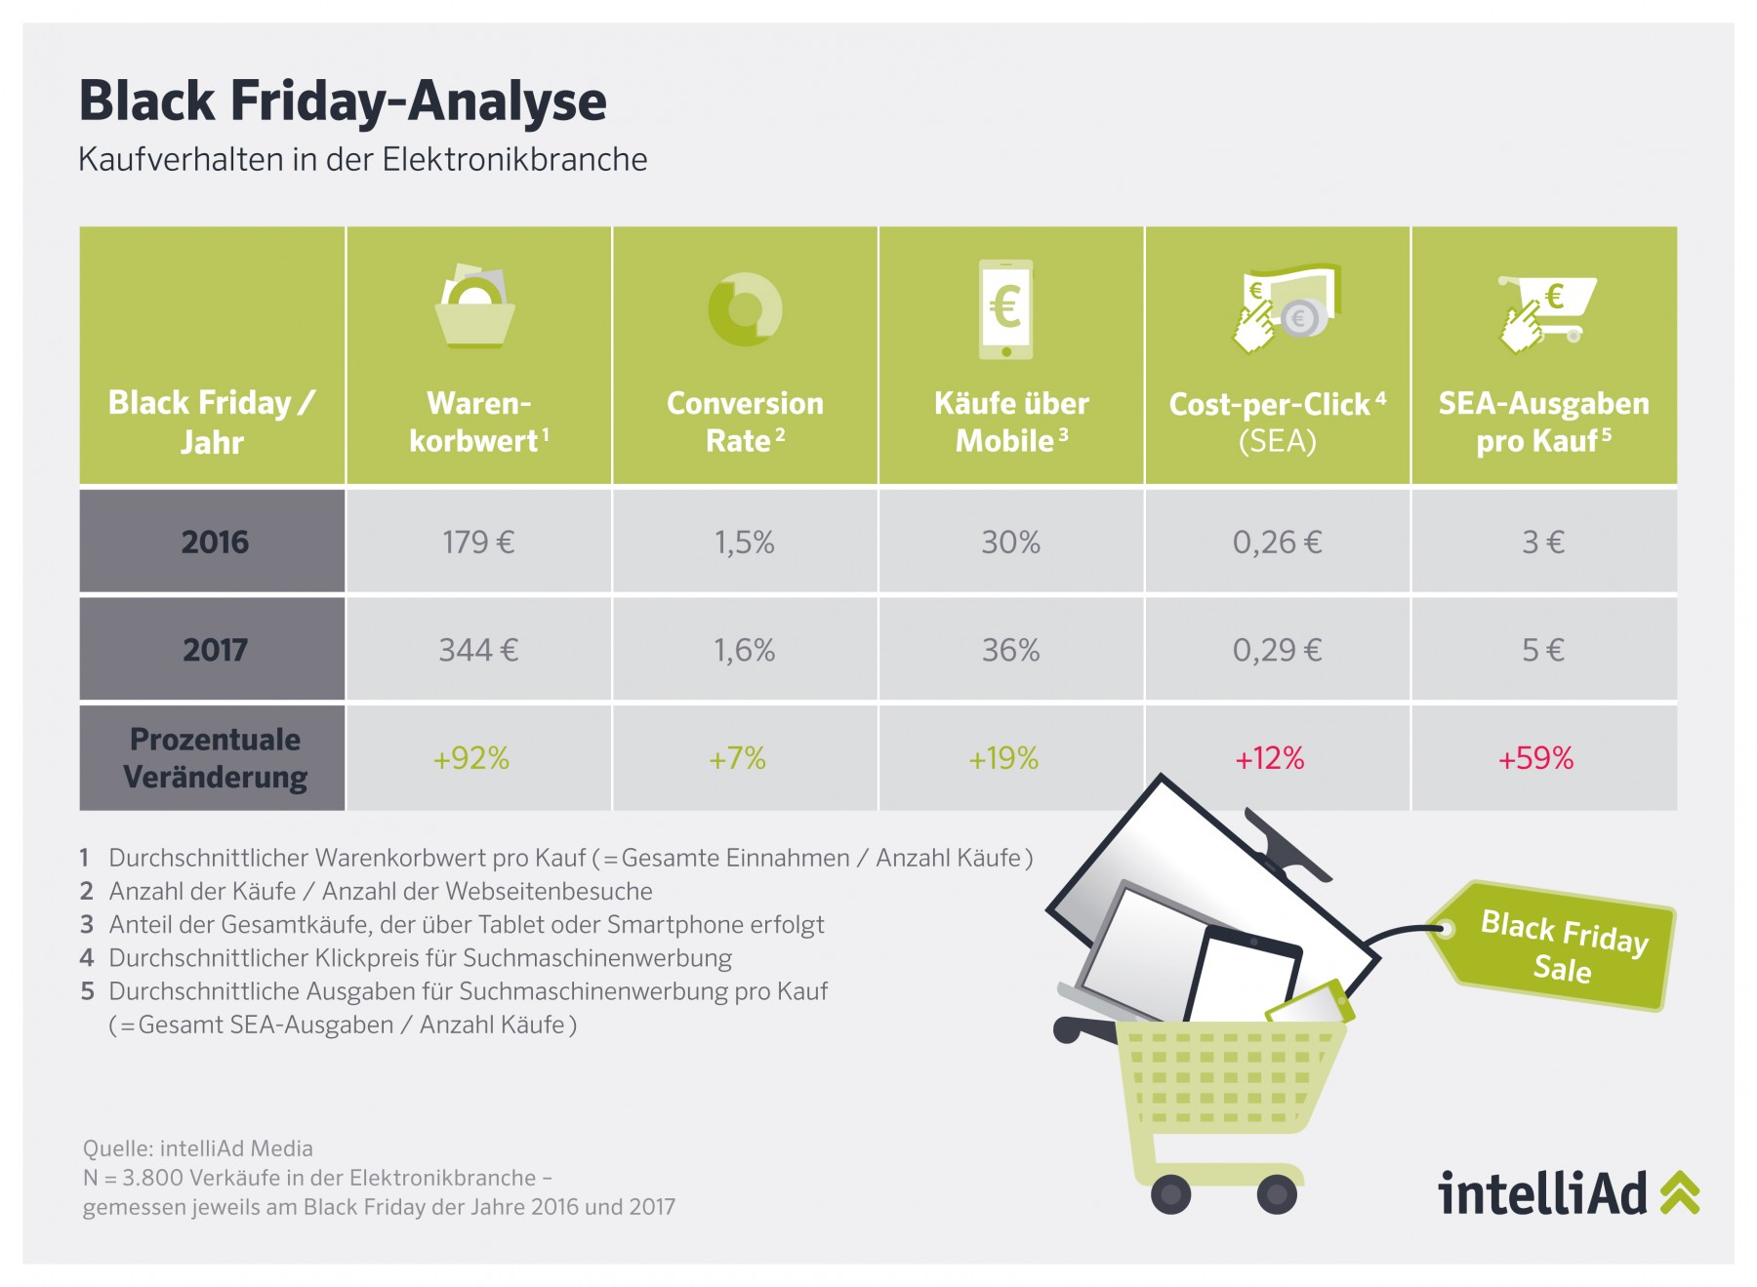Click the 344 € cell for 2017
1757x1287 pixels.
(x=478, y=650)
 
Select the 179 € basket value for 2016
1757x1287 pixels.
(x=478, y=542)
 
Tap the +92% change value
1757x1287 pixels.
(x=471, y=758)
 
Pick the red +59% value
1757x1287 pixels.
(x=1536, y=758)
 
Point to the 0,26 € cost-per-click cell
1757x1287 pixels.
(x=1277, y=543)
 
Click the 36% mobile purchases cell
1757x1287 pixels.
(x=1010, y=650)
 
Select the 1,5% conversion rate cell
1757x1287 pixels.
(x=745, y=543)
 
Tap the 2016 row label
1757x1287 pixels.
(x=215, y=542)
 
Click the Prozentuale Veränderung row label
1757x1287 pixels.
(x=215, y=758)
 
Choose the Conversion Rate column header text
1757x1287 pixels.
(x=745, y=422)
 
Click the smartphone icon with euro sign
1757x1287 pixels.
(x=1006, y=309)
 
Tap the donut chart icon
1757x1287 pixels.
(x=745, y=309)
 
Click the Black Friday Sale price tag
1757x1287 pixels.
(x=1556, y=945)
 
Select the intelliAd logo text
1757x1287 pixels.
(x=1542, y=1192)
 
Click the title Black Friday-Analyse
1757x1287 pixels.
(x=343, y=102)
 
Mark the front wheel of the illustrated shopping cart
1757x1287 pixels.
(x=1171, y=1193)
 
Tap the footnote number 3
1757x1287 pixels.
(x=87, y=924)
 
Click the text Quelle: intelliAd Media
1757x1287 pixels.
(x=198, y=1148)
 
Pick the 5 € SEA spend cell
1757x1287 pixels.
(x=1543, y=650)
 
